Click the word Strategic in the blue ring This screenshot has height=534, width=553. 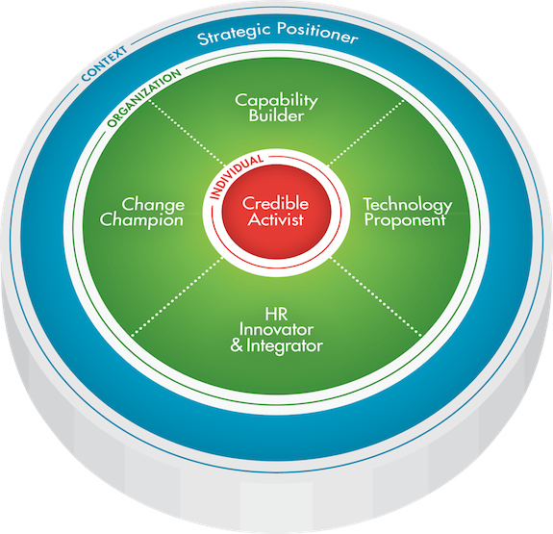point(234,35)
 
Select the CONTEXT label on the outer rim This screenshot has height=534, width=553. point(104,64)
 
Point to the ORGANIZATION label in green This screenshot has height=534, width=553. point(144,97)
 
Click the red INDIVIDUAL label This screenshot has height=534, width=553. point(236,176)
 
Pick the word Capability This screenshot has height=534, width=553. point(276,101)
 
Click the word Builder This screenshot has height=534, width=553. point(276,115)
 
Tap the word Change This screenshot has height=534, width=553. point(153,205)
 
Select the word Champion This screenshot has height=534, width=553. point(141,220)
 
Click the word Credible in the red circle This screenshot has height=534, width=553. point(275,203)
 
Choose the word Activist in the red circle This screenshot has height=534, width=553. point(275,219)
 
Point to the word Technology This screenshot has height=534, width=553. point(408,205)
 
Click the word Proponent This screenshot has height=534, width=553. point(405,220)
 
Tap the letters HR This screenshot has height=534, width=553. point(276,314)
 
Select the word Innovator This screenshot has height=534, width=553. point(276,330)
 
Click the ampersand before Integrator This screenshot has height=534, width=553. point(237,345)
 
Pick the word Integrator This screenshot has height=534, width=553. point(285,345)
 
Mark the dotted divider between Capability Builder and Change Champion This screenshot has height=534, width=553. point(187,133)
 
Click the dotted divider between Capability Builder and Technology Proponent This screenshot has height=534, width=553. point(365,133)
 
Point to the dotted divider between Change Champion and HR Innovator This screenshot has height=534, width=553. point(177,296)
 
